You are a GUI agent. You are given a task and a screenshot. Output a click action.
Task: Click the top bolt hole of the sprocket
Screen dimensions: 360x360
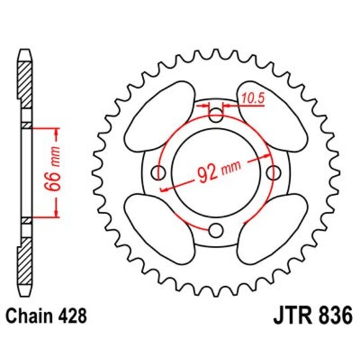click(x=216, y=116)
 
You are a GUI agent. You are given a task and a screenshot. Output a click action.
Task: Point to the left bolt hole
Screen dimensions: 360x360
click(x=159, y=173)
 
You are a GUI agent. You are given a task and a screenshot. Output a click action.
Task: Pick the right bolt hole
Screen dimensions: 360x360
click(x=273, y=173)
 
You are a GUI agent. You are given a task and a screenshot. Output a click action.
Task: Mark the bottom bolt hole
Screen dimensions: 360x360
click(x=216, y=231)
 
